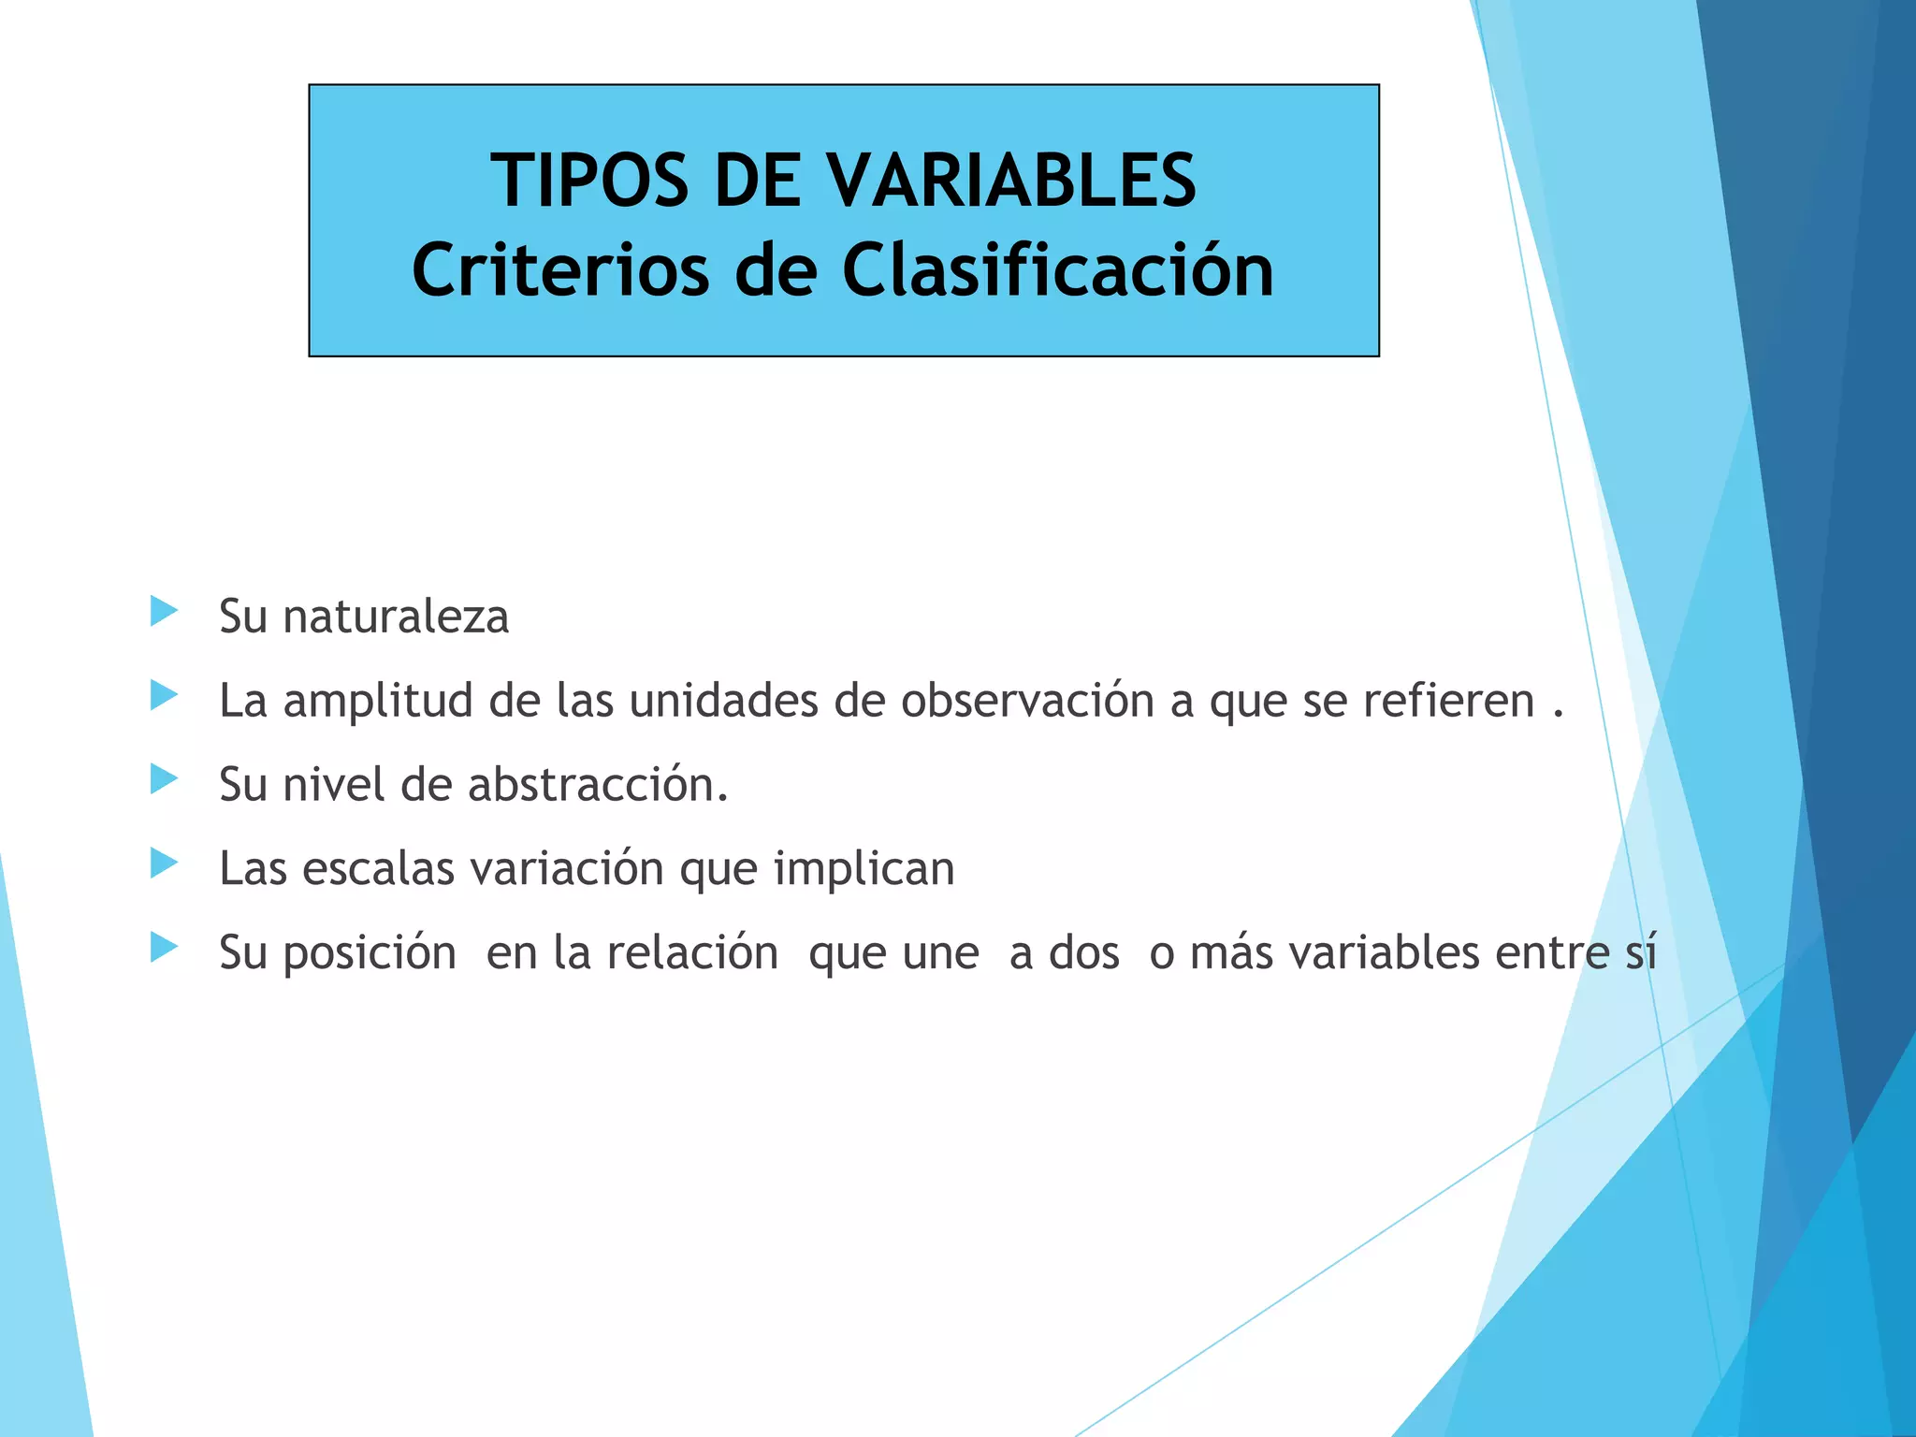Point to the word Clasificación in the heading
pos(1057,270)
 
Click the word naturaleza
pos(396,617)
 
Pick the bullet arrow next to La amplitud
pos(164,695)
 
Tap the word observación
pos(1027,701)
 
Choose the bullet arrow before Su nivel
pos(164,778)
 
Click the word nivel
pos(333,784)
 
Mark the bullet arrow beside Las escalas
pos(164,863)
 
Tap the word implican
pos(864,868)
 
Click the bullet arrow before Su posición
pos(164,947)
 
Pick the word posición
pos(370,953)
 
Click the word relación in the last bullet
pos(692,952)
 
